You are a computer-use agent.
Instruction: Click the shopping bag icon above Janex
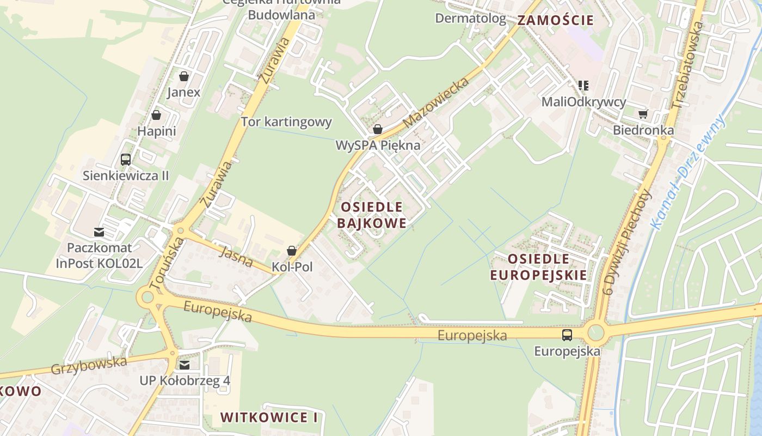[184, 76]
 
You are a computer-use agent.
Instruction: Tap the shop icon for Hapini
[156, 116]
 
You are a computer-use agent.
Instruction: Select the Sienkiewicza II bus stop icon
[126, 160]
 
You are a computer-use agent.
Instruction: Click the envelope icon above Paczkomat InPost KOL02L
[99, 232]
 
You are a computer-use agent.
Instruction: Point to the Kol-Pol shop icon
[292, 251]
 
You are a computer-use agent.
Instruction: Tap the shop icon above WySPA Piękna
[377, 130]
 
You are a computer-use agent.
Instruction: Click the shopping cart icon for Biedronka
[643, 114]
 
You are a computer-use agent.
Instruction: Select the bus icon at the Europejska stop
[567, 335]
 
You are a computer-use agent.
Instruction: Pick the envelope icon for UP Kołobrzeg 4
[185, 365]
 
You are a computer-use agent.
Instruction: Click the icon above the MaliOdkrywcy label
[583, 86]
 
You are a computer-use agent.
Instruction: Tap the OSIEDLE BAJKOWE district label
[372, 215]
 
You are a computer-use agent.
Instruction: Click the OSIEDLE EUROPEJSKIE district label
[539, 267]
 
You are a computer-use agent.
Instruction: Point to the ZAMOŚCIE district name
[555, 21]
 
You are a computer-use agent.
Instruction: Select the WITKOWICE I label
[269, 417]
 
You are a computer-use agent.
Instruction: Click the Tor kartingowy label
[286, 122]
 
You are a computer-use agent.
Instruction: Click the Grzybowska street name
[89, 366]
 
